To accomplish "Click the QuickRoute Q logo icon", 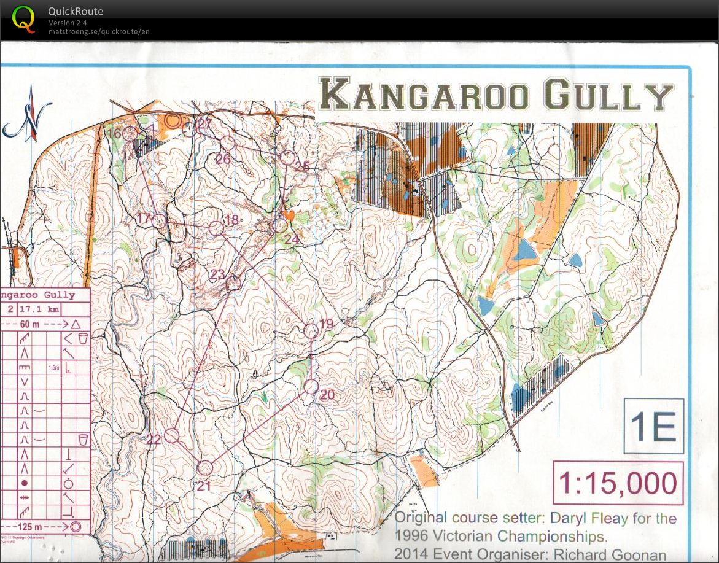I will tap(24, 18).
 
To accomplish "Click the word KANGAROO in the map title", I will tap(424, 96).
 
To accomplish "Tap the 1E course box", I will tap(653, 426).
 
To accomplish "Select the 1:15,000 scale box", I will tap(618, 483).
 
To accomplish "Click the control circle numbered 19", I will tap(311, 330).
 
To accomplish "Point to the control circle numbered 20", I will tap(311, 387).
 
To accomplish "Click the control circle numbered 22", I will tap(172, 435).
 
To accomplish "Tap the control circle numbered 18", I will tap(216, 228).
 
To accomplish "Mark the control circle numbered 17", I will tap(160, 221).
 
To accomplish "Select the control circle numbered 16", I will tap(130, 133).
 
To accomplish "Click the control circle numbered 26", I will tap(228, 142).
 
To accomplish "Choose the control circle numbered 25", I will tap(286, 157).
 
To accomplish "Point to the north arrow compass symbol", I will tap(28, 115).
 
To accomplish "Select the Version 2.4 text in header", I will tap(68, 23).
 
